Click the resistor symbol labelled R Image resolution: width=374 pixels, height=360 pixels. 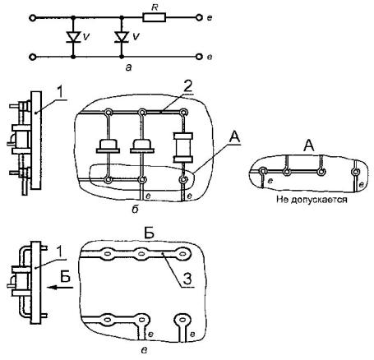point(154,18)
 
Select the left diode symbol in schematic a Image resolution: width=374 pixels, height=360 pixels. point(73,37)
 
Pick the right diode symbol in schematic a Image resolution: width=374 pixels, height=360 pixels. point(122,37)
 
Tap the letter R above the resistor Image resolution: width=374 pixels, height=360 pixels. point(155,7)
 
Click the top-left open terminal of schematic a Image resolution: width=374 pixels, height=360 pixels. point(32,18)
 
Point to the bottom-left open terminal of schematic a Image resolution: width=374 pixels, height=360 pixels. point(32,57)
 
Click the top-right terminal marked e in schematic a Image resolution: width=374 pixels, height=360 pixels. point(199,18)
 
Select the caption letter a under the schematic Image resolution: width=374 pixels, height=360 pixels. point(128,67)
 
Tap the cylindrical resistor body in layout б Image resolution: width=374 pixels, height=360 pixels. point(183,148)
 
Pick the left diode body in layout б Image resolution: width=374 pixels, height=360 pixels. point(108,145)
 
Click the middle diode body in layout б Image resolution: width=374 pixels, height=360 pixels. point(142,145)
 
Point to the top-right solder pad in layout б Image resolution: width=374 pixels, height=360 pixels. point(183,112)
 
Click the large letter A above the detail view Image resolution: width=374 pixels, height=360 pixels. point(309,145)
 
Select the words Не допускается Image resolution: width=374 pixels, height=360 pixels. point(312,199)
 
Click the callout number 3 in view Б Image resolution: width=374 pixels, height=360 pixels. point(187,279)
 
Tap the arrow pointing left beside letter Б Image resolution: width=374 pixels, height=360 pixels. point(60,287)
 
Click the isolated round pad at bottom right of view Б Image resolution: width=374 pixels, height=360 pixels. point(182,320)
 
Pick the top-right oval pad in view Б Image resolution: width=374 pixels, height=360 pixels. point(182,254)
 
